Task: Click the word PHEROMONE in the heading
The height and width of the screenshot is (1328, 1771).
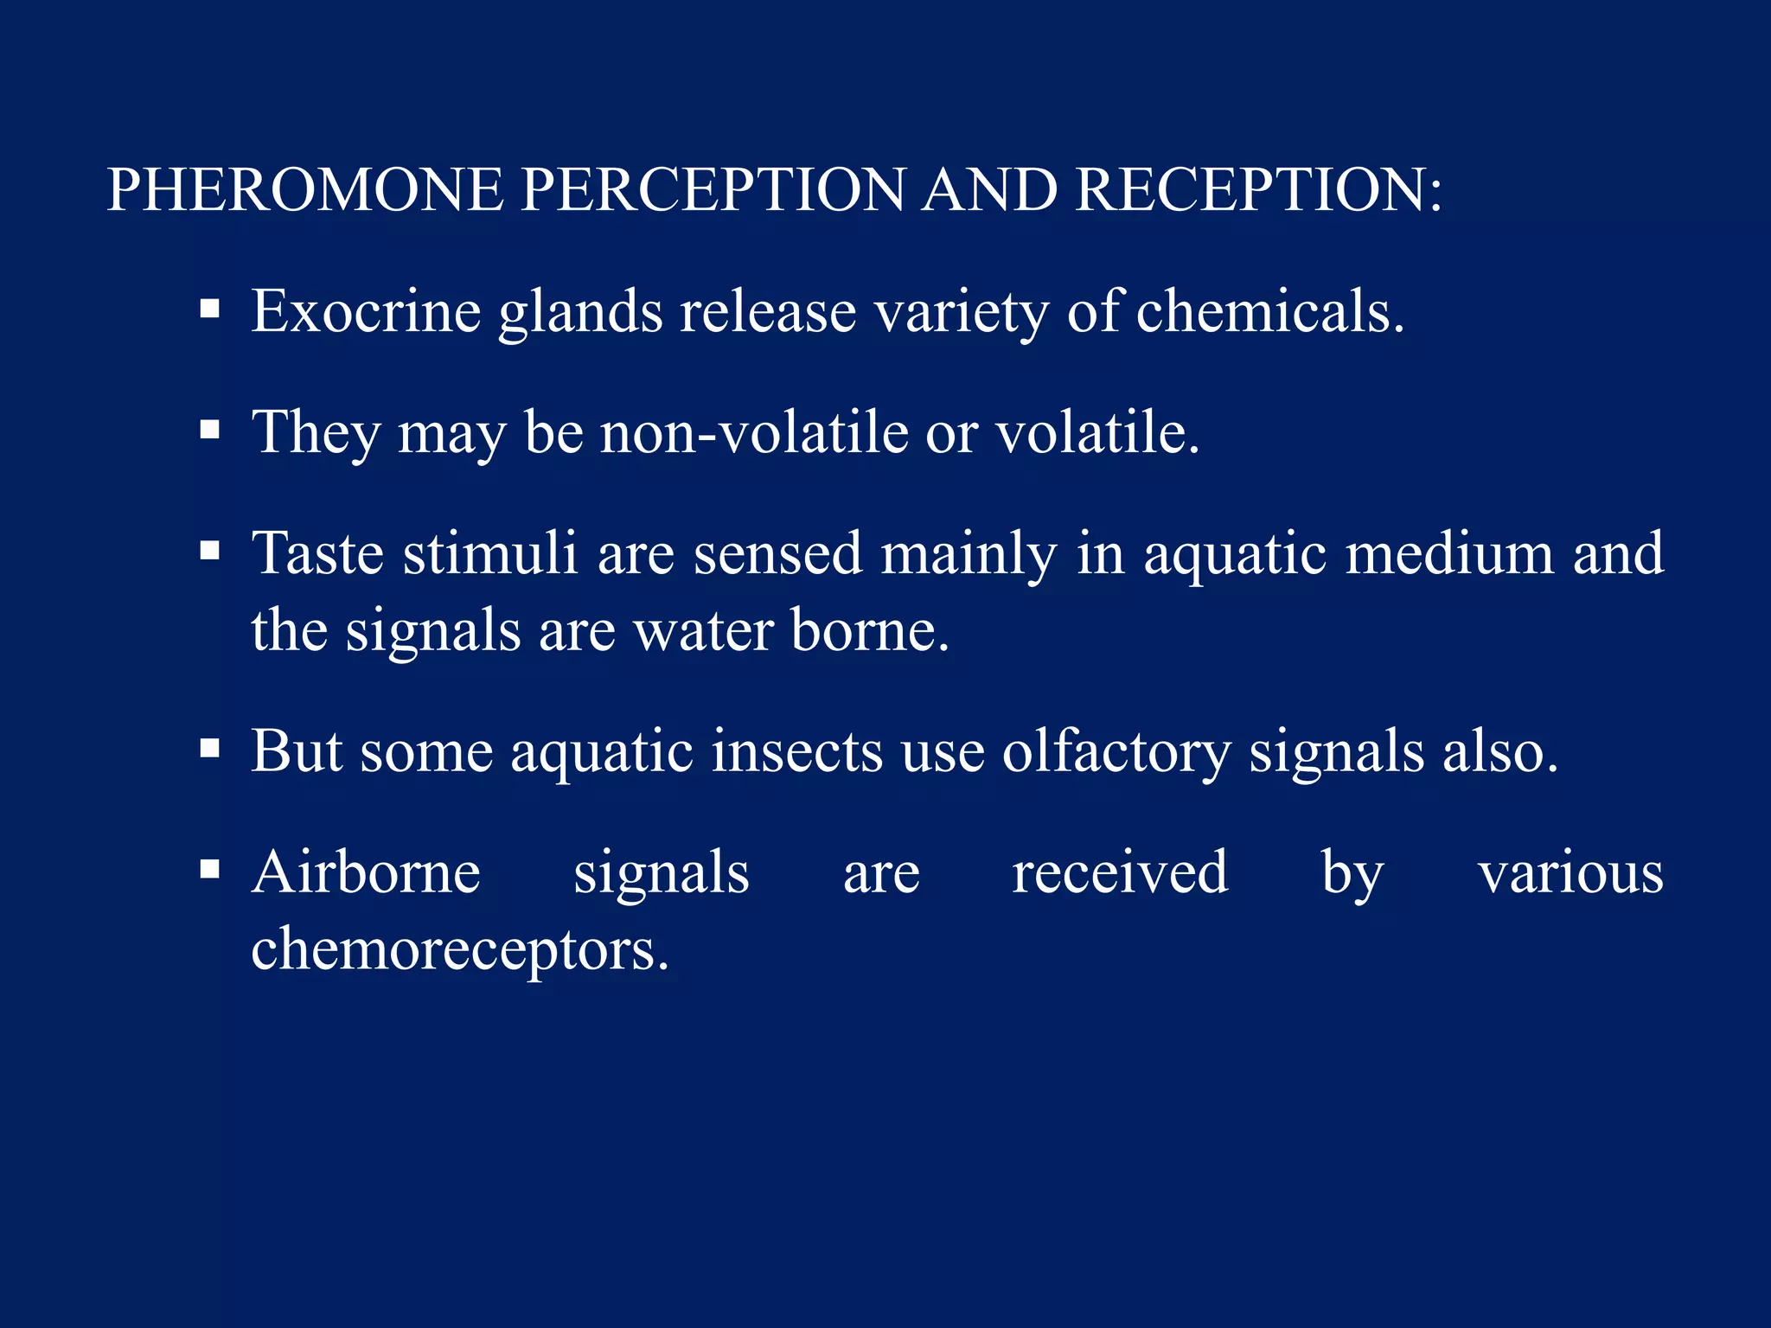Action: [x=305, y=189]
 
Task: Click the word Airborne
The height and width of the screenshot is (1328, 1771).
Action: [x=366, y=872]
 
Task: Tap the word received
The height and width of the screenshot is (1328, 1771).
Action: [x=1120, y=872]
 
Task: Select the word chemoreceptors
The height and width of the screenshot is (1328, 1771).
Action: [x=460, y=950]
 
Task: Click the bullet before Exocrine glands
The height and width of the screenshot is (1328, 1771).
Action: [x=209, y=309]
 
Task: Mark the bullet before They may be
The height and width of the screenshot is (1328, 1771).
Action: [x=209, y=430]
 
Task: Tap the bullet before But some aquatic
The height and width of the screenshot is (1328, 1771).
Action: [x=209, y=748]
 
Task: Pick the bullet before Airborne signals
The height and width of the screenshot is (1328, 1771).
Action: [x=209, y=869]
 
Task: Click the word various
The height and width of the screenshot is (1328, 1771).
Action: [x=1570, y=872]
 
